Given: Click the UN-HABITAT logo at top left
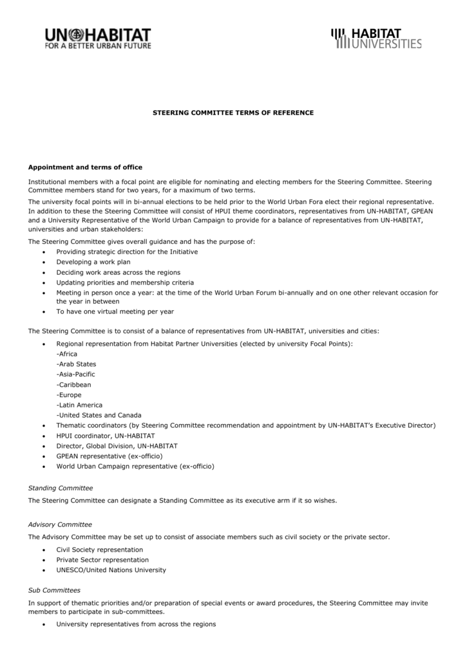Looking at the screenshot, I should coord(97,39).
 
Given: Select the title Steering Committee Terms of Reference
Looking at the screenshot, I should coord(233,113).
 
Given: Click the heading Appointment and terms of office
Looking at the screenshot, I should coord(85,167).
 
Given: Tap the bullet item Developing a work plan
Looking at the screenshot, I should coord(93,262).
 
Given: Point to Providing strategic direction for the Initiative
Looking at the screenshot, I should coord(127,252).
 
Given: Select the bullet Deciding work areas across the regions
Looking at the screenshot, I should coord(118,272).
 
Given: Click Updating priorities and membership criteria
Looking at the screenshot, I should coord(125,283).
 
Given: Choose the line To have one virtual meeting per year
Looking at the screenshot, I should coord(115,311).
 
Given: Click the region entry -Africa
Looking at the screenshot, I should coord(67,354).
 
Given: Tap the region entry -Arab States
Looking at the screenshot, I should coord(76,364).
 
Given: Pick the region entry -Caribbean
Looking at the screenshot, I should coord(73,385).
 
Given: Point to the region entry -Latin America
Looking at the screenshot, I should coord(79,405).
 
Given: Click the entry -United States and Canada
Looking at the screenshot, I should coord(99,415).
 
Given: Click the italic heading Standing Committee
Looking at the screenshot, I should coord(61,488).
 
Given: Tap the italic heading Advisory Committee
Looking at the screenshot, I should coord(60,524).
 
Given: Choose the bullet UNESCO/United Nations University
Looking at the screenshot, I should coord(111,570).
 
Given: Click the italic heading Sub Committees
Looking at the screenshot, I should coord(54,590).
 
